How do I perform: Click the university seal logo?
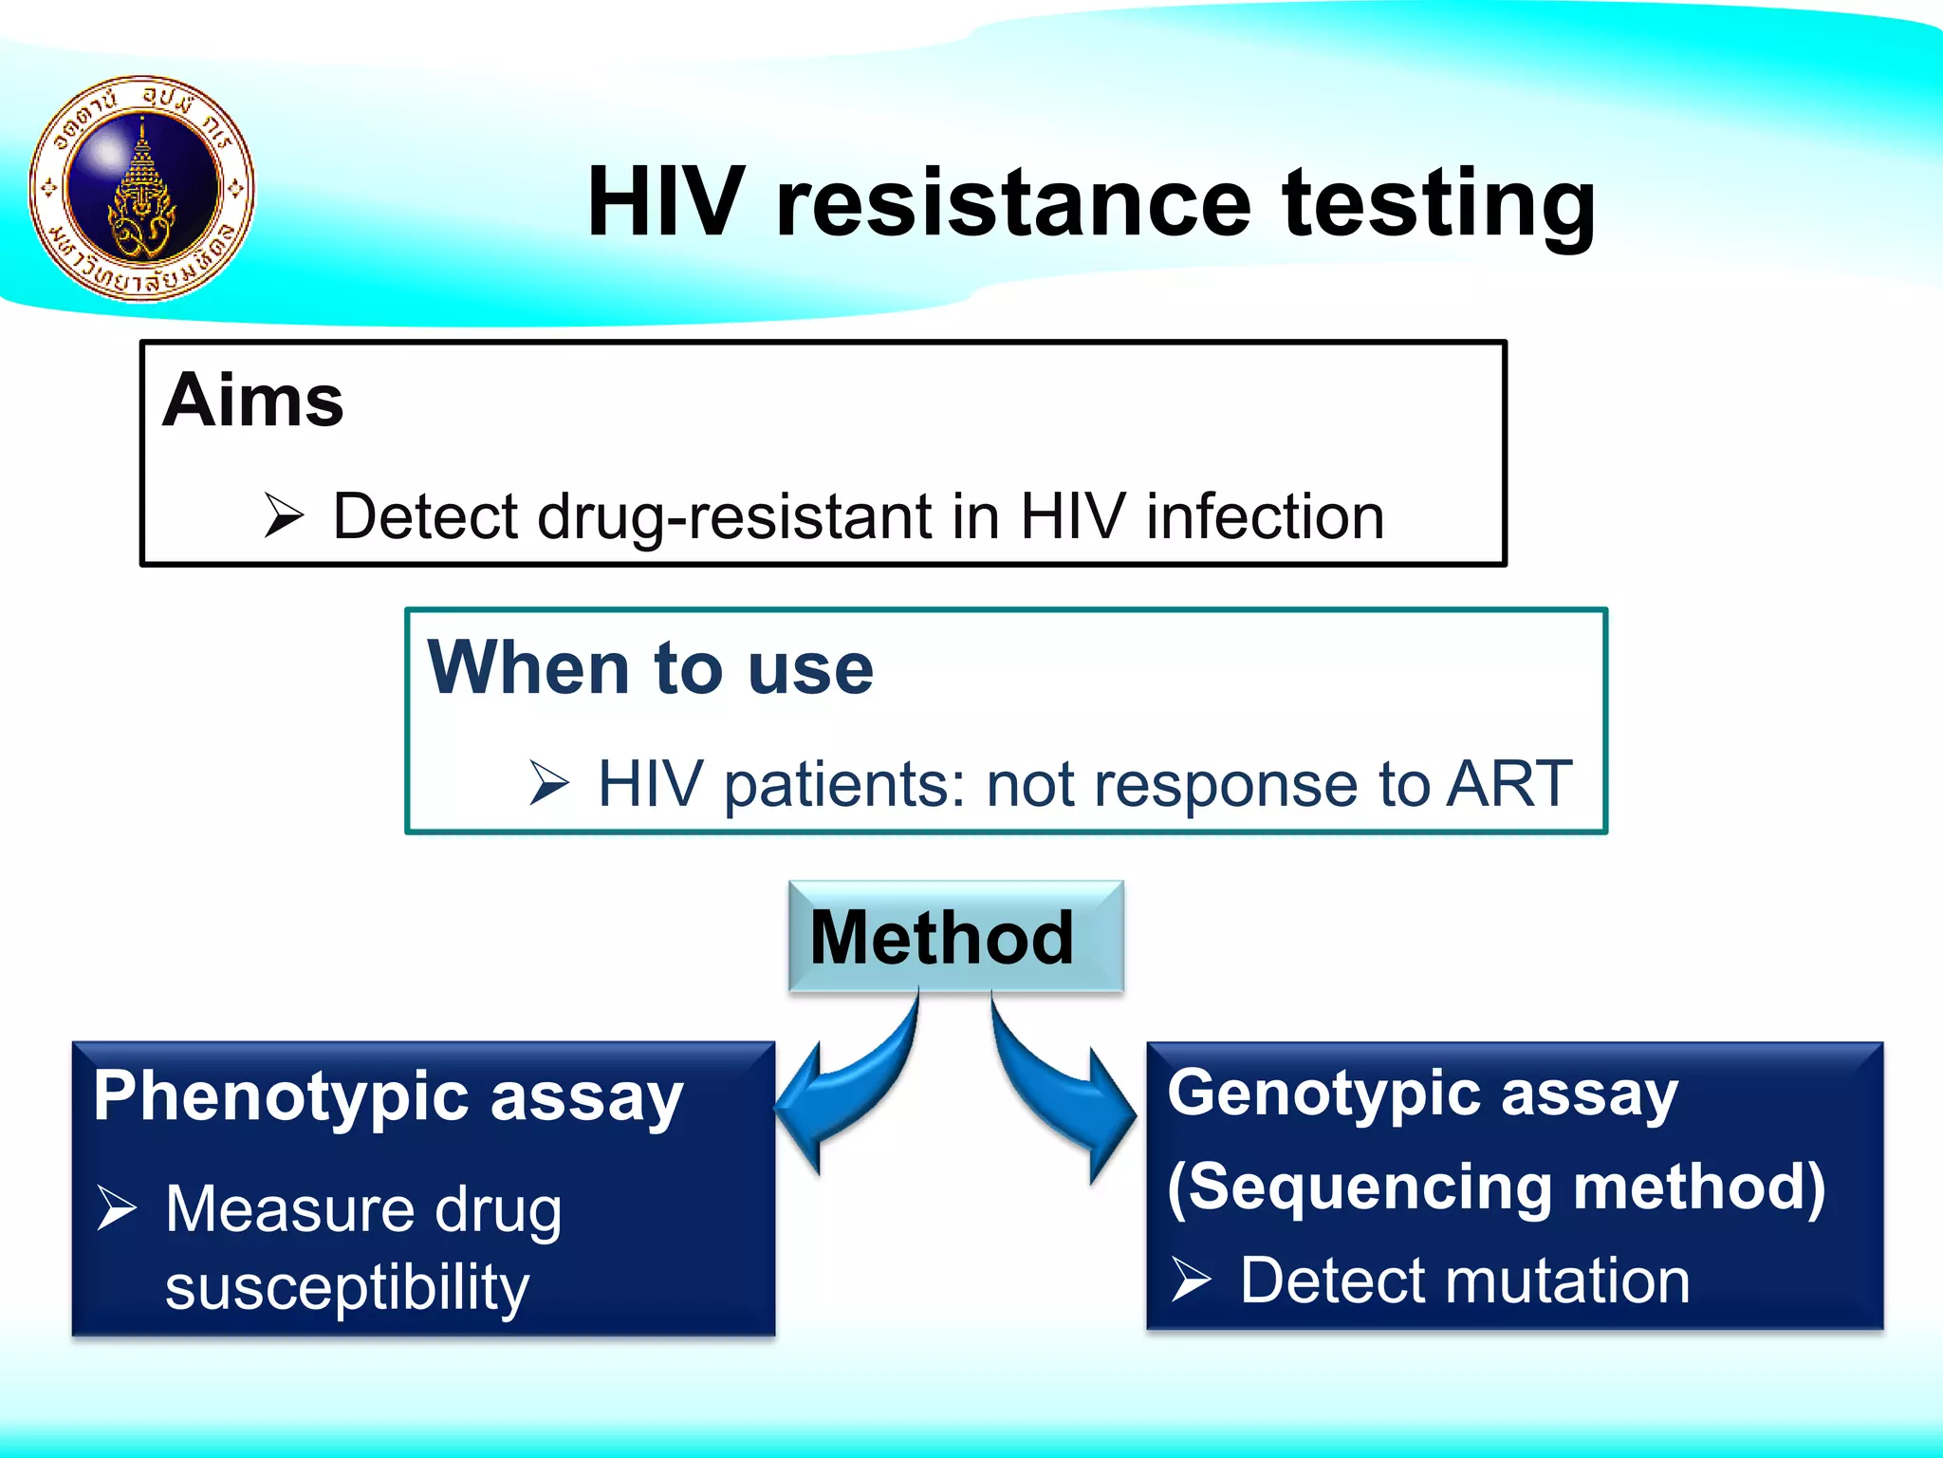click(x=142, y=188)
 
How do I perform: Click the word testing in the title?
click(x=1438, y=203)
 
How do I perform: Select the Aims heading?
click(x=253, y=401)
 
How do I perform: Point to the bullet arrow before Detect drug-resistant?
click(x=284, y=515)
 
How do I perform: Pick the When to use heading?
click(x=650, y=667)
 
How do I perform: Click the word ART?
click(x=1508, y=784)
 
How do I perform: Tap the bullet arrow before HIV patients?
click(x=548, y=783)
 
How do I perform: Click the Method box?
click(x=955, y=937)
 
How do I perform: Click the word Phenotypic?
click(x=282, y=1097)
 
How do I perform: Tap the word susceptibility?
click(x=347, y=1288)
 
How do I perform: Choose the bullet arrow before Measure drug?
click(x=118, y=1209)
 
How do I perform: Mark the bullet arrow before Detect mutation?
click(x=1191, y=1279)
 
